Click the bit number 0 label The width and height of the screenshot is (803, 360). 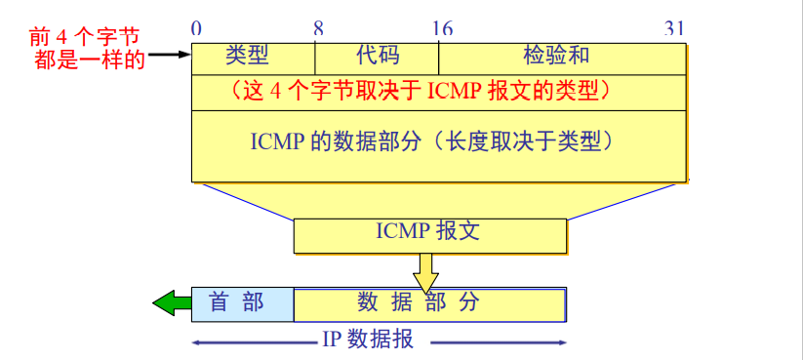(196, 28)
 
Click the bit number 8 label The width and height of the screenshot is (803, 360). (318, 28)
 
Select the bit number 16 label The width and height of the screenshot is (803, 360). (442, 28)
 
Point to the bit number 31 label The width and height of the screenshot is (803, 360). (674, 28)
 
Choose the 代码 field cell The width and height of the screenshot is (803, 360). (377, 55)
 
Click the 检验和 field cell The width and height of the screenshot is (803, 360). (556, 55)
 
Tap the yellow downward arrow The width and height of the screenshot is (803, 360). (424, 273)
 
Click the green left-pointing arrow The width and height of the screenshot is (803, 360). (170, 304)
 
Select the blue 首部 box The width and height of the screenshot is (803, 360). (242, 303)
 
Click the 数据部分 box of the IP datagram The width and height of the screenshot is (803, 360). (429, 303)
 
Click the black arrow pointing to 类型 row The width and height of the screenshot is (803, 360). (168, 56)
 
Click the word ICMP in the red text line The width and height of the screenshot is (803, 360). (449, 92)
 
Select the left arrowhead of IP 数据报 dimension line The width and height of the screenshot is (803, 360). (197, 342)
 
